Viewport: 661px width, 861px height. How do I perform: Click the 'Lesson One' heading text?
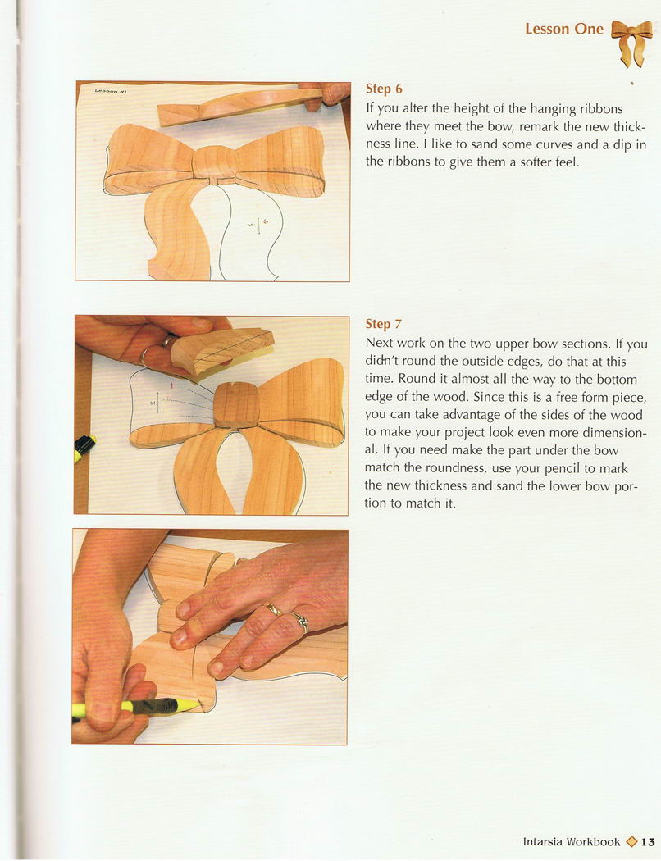(564, 29)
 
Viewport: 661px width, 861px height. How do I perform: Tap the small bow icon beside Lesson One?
(631, 43)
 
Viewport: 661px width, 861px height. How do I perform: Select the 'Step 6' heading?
(384, 89)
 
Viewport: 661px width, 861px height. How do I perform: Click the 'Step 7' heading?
(383, 324)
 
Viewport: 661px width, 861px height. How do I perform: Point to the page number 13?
(648, 842)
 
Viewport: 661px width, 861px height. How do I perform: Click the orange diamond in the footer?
(631, 842)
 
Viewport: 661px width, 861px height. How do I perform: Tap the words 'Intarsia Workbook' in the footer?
(572, 842)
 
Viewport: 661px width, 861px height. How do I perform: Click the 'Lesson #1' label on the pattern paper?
(111, 90)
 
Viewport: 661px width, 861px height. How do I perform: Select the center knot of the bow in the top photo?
(216, 162)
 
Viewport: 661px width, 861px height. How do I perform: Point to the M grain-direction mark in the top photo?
(249, 225)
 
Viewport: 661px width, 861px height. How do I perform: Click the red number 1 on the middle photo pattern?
(171, 386)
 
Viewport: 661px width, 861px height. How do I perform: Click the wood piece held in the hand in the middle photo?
(221, 352)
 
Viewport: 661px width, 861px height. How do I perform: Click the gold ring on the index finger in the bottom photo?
(273, 609)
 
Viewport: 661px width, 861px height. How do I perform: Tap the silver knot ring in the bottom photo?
(300, 621)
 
